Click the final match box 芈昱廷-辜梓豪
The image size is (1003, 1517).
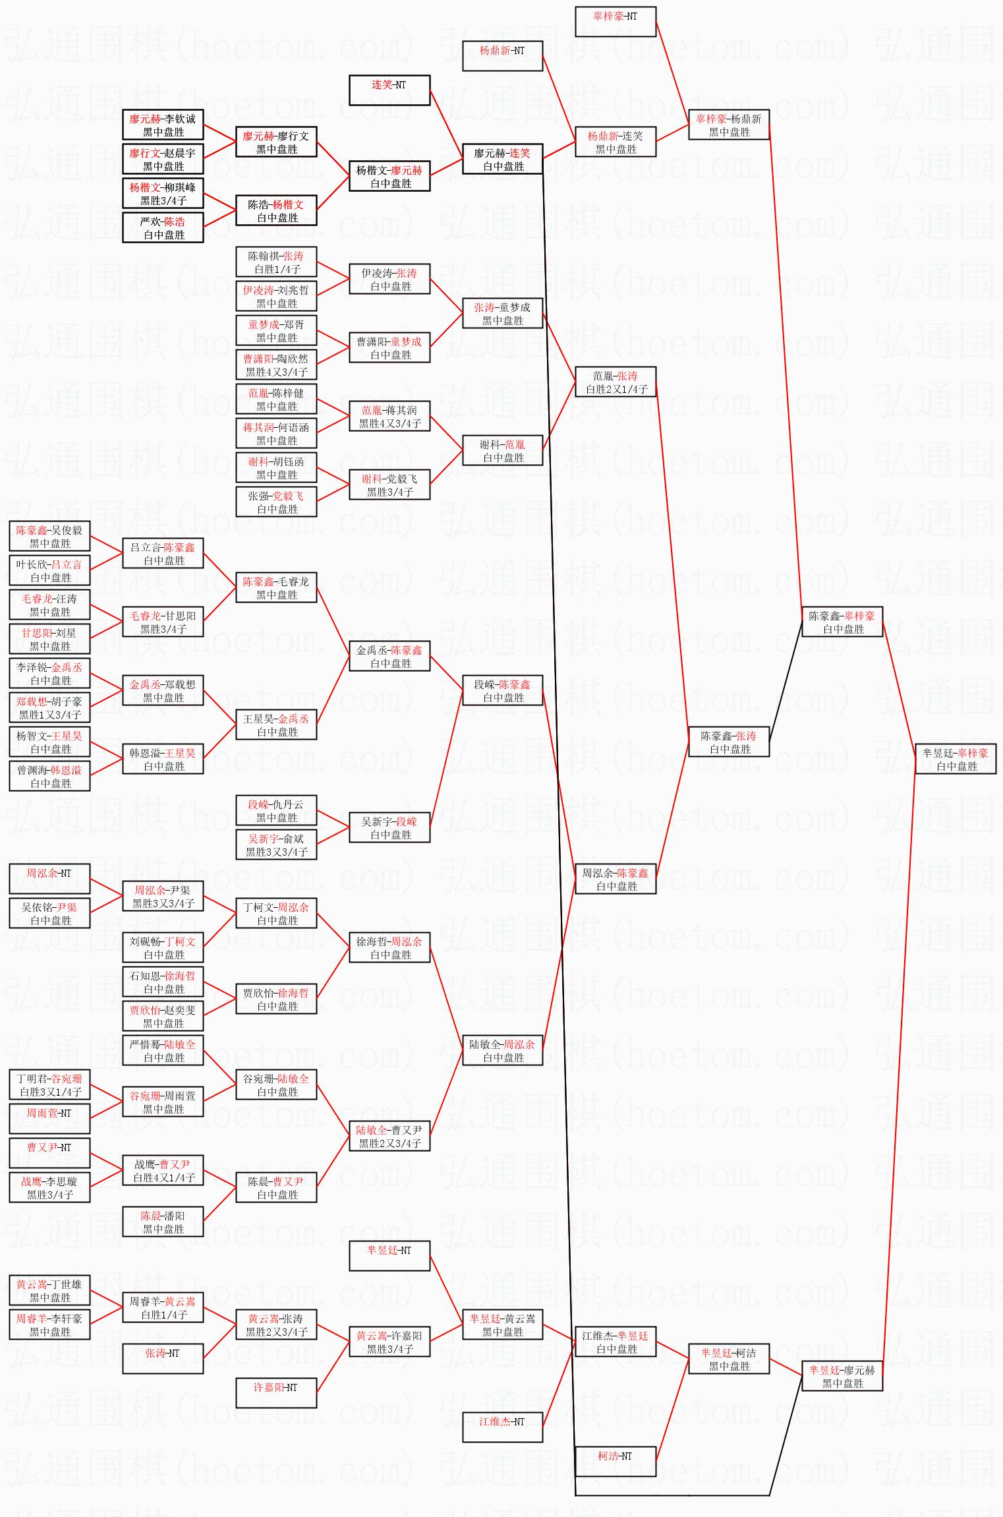pyautogui.click(x=955, y=759)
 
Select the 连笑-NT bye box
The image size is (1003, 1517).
pyautogui.click(x=389, y=90)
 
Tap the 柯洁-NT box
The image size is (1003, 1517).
pyautogui.click(x=615, y=1461)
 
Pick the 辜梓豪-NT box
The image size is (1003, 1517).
pyautogui.click(x=615, y=22)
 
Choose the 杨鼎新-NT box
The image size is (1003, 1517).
pyautogui.click(x=502, y=56)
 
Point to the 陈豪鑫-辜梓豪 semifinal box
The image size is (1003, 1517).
pyautogui.click(x=842, y=622)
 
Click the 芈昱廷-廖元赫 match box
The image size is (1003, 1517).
pyautogui.click(x=842, y=1376)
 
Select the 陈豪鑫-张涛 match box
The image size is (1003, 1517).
pyautogui.click(x=728, y=742)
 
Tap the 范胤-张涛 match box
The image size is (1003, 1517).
pyautogui.click(x=615, y=382)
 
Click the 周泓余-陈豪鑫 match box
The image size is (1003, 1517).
pyautogui.click(x=615, y=879)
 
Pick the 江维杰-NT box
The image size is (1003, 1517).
pyautogui.click(x=502, y=1427)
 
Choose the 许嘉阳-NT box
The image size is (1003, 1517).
pyautogui.click(x=276, y=1393)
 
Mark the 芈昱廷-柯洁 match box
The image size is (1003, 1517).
pyautogui.click(x=728, y=1359)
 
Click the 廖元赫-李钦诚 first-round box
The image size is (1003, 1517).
pyautogui.click(x=163, y=125)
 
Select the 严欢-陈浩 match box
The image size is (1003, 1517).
pyautogui.click(x=163, y=227)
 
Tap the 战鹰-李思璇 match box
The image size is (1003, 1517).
pyautogui.click(x=49, y=1187)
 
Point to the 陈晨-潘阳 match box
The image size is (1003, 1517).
pyautogui.click(x=163, y=1222)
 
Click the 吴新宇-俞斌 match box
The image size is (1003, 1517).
pyautogui.click(x=276, y=845)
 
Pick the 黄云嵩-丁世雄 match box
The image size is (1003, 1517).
pyautogui.click(x=49, y=1290)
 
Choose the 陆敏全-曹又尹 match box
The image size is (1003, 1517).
pyautogui.click(x=389, y=1136)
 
